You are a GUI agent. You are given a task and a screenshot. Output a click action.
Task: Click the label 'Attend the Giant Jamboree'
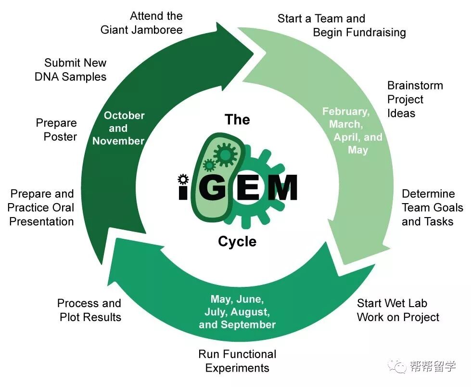point(142,23)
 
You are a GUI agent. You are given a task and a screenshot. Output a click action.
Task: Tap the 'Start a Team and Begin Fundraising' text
point(342,26)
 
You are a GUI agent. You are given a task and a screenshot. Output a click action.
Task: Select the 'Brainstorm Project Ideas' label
point(415,99)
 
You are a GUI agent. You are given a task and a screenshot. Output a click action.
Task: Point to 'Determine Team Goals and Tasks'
point(432,207)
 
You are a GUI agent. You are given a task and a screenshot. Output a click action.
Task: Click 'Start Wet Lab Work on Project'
point(398,310)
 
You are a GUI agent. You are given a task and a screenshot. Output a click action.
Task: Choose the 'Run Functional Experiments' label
point(237,361)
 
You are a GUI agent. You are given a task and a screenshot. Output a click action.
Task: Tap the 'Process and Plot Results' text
point(89,310)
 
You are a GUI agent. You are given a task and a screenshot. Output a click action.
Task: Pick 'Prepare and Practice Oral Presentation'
point(41,207)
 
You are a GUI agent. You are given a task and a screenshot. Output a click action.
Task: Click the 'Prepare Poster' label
point(56,130)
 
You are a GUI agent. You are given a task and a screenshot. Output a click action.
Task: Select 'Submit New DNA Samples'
point(71,69)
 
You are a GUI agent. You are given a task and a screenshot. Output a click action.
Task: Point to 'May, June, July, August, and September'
point(237,312)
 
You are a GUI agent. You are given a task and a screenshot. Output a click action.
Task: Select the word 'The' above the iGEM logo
point(237,119)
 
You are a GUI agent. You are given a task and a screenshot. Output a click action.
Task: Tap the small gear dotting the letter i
point(182,179)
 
